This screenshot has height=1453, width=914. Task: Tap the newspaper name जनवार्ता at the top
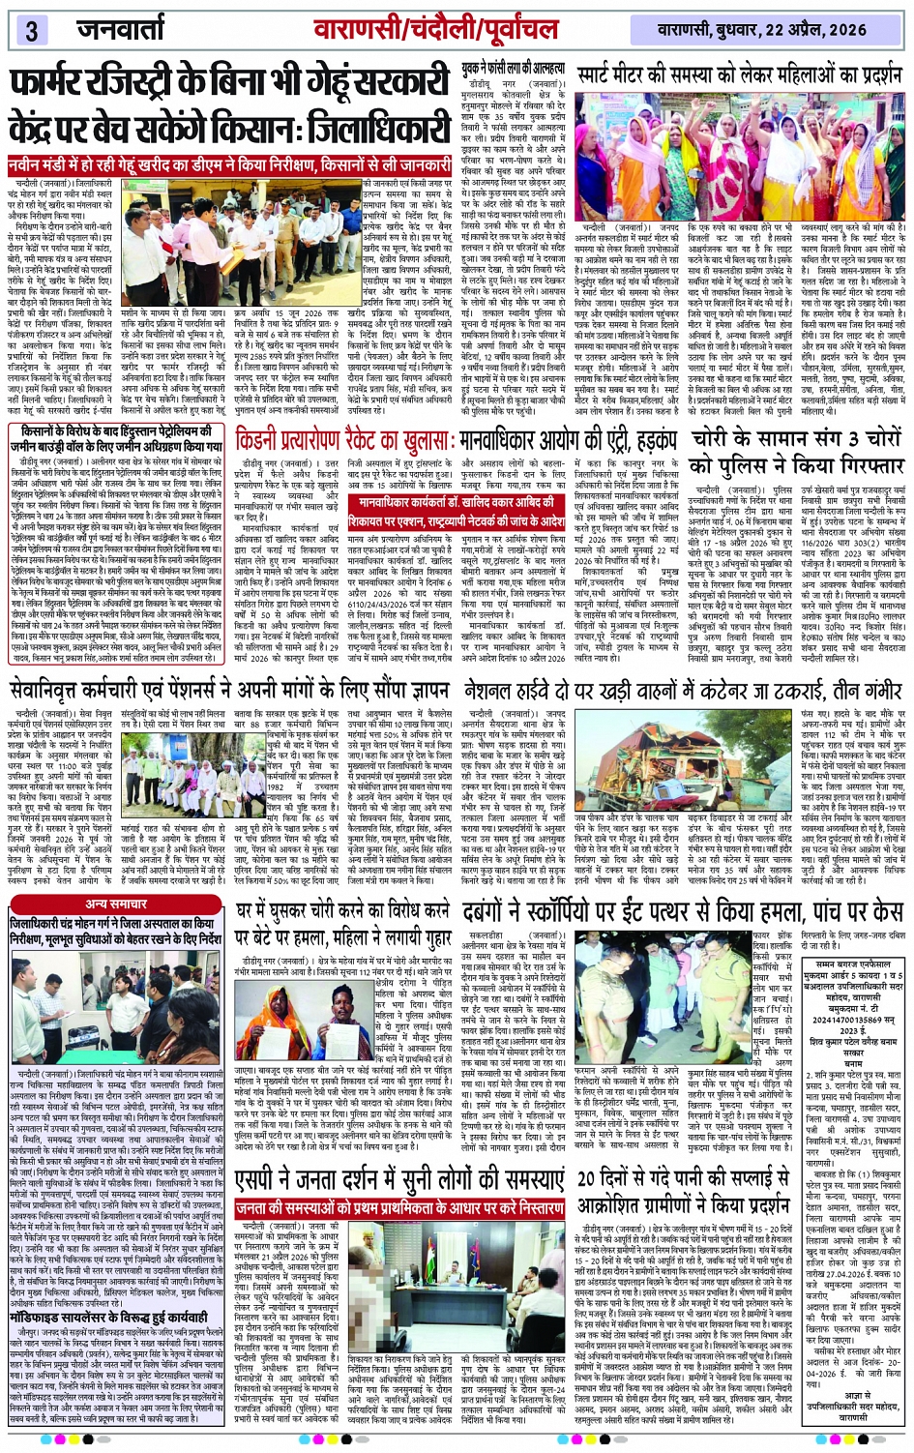point(120,29)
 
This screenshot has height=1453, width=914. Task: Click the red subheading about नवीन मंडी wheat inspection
point(232,166)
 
